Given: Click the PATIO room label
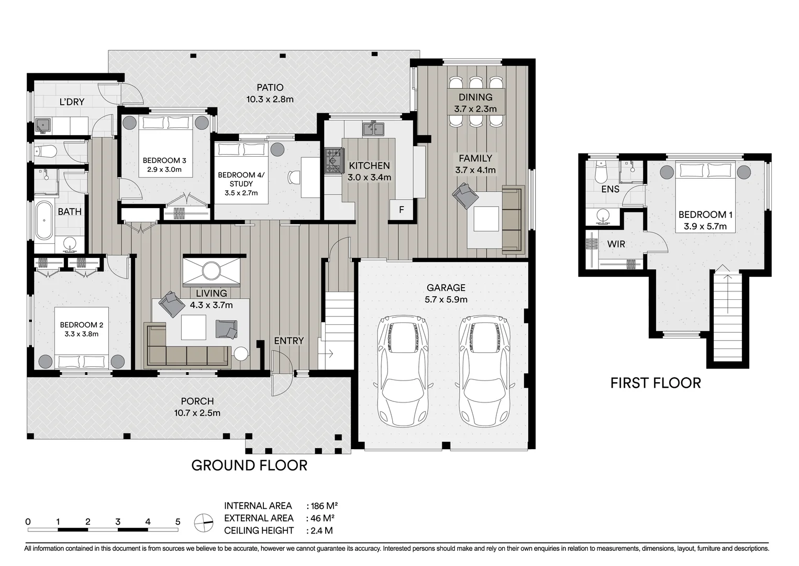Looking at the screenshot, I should pos(270,88).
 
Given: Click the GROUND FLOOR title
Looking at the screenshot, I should pos(249,465).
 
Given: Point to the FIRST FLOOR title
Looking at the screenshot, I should pos(655,383).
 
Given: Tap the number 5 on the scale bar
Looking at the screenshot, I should pos(178,522).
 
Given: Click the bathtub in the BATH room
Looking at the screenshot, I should pos(44,221).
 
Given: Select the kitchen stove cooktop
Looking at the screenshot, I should pos(332,161).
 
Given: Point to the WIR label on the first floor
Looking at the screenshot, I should pos(616,244).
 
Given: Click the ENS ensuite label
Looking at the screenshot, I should pos(610,189).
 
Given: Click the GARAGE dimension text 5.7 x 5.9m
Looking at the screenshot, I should pos(446,300).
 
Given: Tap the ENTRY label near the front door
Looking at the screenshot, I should pos(288,341).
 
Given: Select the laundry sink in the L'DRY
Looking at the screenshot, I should pos(43,126).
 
